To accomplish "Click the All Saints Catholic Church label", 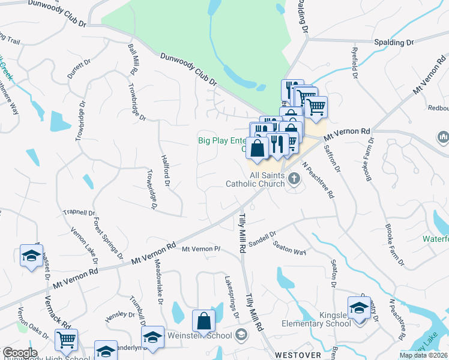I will [255, 179].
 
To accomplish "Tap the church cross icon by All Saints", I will [294, 178].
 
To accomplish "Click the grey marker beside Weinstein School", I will [242, 334].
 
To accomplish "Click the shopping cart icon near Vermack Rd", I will [66, 340].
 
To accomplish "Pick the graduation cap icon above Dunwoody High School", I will [106, 350].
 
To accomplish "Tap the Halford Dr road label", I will [166, 170].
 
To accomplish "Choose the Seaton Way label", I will [289, 248].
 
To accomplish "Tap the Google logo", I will [19, 353].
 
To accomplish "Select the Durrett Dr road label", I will [79, 70].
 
